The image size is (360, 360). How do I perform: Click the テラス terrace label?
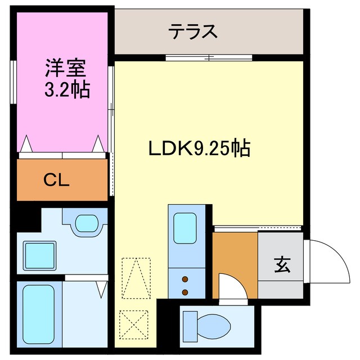(193, 32)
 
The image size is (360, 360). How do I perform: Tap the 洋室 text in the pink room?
(65, 69)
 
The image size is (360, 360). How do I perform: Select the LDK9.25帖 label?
(199, 148)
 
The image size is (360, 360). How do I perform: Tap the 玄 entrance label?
(282, 264)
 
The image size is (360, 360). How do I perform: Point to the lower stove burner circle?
(185, 291)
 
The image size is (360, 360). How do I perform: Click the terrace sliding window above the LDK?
(208, 57)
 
